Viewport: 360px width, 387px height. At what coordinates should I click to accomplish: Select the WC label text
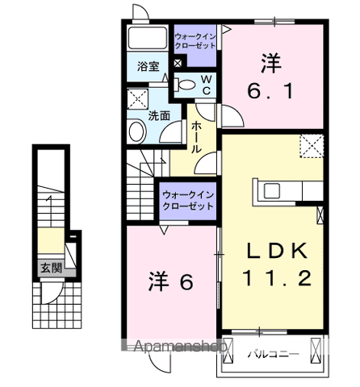coord(206,84)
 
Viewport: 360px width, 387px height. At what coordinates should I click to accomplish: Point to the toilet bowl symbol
coord(186,84)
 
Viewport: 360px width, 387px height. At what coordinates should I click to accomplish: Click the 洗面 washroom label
coord(158,115)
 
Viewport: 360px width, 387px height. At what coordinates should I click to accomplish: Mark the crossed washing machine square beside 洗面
coord(136,100)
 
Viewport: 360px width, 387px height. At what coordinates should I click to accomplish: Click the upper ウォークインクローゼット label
coord(195,41)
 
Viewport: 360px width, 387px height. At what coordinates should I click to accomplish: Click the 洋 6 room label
coord(170,282)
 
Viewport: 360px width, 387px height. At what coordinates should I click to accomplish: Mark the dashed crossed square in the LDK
coord(311,146)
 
